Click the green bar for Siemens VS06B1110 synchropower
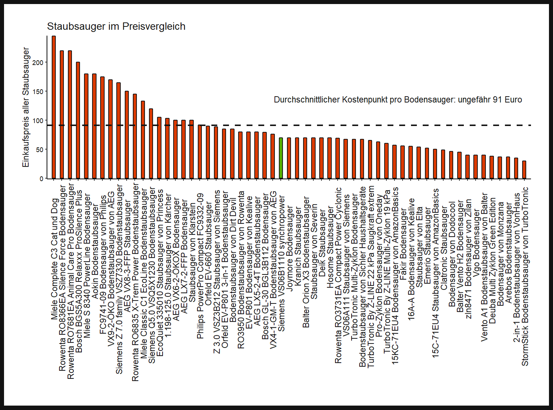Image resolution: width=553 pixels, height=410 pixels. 281,158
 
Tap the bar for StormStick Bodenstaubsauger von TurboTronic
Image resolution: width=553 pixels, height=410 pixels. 524,170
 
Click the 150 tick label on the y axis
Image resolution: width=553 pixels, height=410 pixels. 38,91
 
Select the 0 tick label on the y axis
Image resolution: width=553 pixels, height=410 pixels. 41,179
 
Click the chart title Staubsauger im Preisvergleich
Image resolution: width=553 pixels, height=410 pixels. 116,26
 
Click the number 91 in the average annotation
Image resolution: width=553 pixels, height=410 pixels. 497,100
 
